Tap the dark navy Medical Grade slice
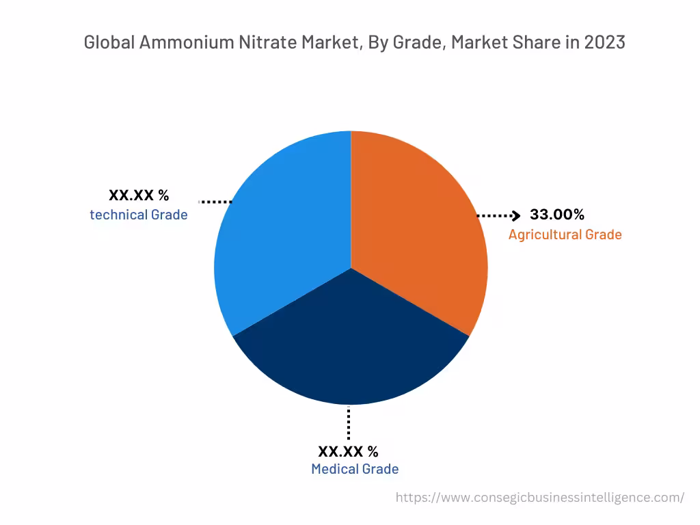point(351,349)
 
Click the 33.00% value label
point(557,215)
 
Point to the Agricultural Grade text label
point(565,234)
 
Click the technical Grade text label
point(139,215)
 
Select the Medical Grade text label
point(355,469)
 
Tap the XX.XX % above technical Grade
point(139,196)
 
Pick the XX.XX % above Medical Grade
point(348,451)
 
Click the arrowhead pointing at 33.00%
point(517,216)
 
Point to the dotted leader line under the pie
point(349,422)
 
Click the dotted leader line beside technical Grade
point(215,202)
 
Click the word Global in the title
point(109,42)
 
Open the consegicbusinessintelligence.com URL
point(539,498)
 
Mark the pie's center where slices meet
point(351,268)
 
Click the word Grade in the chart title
point(414,42)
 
